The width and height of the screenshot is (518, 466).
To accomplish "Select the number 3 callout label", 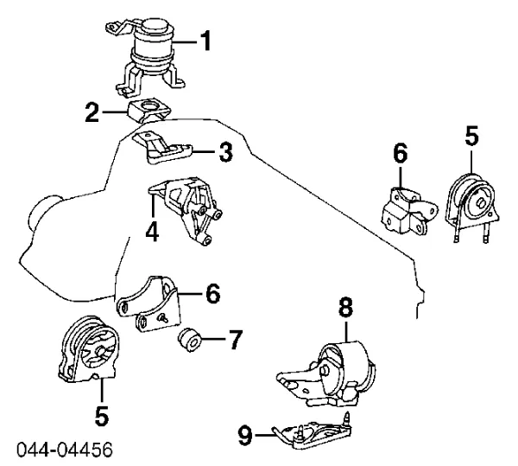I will [x=225, y=154].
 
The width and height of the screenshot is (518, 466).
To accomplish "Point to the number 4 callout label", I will [x=152, y=232].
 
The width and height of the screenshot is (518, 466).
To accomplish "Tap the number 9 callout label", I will [x=244, y=436].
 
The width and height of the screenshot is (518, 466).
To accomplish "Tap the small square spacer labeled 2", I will [x=148, y=112].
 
